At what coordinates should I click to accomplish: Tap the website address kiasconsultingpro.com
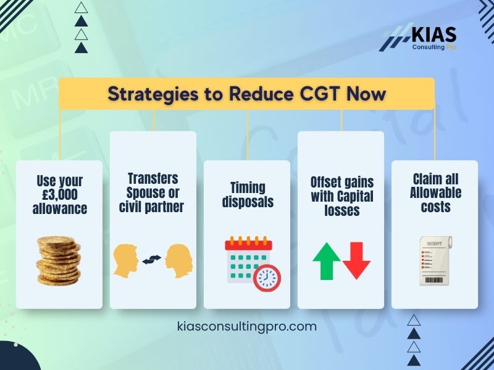pos(247,326)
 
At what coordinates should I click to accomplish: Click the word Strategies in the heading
pos(148,94)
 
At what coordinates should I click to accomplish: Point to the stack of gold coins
pos(59,260)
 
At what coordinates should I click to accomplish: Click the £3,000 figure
pos(59,195)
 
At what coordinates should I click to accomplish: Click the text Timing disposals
pos(247,195)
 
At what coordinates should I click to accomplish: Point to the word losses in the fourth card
pos(341,210)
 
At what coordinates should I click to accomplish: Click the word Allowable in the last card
pos(435,193)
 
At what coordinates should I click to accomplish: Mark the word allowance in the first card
pos(59,209)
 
